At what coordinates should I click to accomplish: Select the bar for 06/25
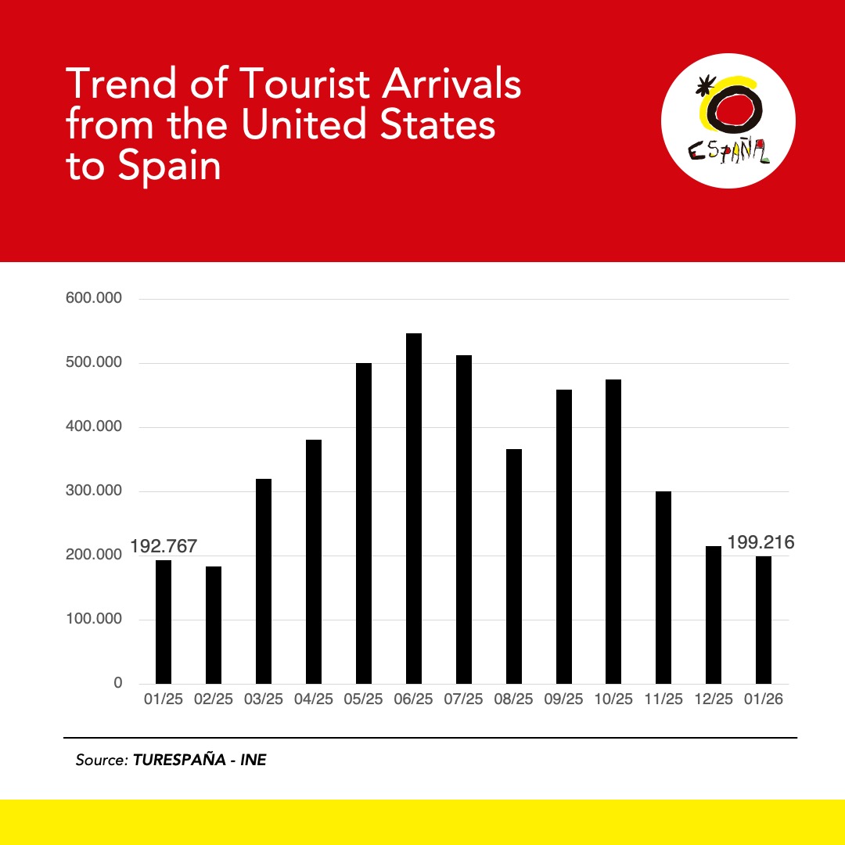(414, 509)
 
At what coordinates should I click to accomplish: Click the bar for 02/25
(214, 625)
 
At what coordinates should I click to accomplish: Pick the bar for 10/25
(613, 532)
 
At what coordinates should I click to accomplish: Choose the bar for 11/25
(663, 588)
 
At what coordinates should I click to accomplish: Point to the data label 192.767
(163, 546)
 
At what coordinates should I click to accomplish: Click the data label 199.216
(760, 542)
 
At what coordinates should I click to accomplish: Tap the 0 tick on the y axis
(118, 683)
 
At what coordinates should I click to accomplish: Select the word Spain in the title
(170, 166)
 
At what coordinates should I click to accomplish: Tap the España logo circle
(728, 120)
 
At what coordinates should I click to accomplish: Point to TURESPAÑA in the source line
(177, 760)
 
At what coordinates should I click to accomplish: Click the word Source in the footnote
(100, 760)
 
